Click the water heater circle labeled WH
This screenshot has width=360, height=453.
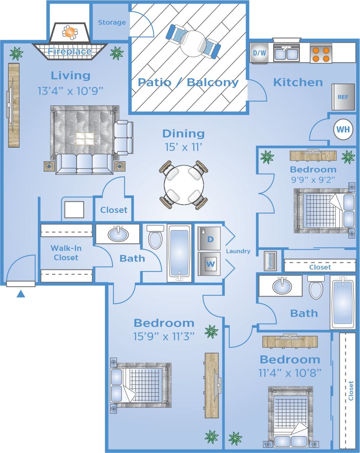point(343,129)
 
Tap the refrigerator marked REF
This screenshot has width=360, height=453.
point(343,97)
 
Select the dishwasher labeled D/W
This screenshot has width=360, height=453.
point(259,53)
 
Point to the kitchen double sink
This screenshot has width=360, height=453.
point(286,54)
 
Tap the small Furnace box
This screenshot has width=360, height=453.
point(270,261)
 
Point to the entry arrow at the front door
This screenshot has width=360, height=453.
point(21,294)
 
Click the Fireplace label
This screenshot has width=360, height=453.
point(70,51)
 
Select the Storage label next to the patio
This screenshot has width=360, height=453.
point(112,23)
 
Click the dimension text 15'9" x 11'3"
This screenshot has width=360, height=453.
point(164,336)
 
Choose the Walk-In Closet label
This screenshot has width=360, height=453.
point(66,253)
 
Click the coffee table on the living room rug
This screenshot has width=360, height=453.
point(85,139)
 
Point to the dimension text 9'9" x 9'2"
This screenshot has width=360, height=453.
point(313,179)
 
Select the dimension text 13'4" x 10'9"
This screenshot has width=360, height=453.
point(71,90)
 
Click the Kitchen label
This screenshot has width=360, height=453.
point(298,82)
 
